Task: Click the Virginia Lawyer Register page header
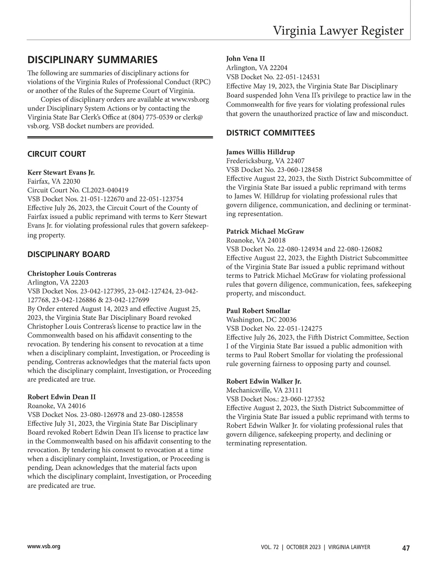(x=338, y=31)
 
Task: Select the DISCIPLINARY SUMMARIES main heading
(x=92, y=60)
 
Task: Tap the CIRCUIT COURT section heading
(x=56, y=154)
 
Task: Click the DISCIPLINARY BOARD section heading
(x=68, y=254)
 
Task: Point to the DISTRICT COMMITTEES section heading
(x=270, y=133)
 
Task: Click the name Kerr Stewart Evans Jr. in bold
(x=61, y=172)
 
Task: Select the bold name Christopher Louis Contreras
(x=72, y=273)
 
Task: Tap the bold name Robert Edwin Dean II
(x=62, y=397)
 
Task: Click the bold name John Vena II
(x=245, y=59)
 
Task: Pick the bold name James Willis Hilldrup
(x=260, y=152)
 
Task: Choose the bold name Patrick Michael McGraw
(x=265, y=231)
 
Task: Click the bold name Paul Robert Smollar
(x=258, y=311)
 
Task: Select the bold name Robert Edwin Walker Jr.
(x=264, y=381)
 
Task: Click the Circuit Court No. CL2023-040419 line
(x=78, y=190)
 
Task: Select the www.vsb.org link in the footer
(x=44, y=546)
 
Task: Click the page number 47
(x=406, y=548)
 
